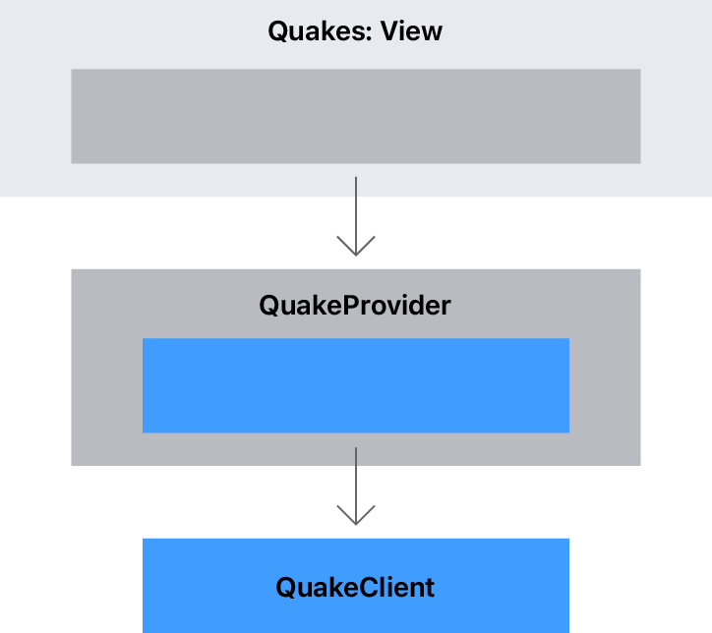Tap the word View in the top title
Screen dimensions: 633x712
411,31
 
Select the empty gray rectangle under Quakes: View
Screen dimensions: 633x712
355,116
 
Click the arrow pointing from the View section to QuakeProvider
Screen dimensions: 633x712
355,211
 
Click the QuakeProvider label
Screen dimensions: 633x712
355,305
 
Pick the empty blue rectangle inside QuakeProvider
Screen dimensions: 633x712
355,385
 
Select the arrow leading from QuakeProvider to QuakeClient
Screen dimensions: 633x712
355,482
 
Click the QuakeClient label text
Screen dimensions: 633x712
355,588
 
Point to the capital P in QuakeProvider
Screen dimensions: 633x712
348,305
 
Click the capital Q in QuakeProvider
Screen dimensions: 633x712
270,305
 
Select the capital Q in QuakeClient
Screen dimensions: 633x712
287,588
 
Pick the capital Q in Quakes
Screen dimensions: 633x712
279,31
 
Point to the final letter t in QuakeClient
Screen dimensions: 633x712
429,588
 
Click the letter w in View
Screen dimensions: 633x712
432,31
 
